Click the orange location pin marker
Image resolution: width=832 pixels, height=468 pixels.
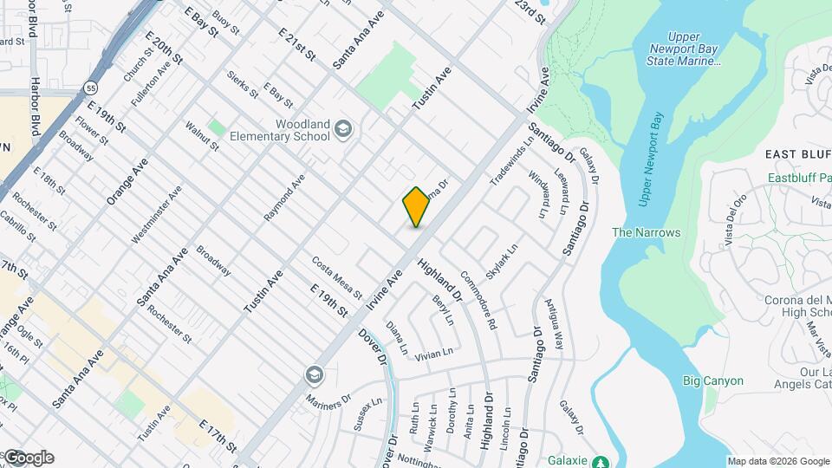pyautogui.click(x=416, y=207)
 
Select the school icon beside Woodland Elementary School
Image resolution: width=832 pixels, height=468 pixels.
pyautogui.click(x=344, y=130)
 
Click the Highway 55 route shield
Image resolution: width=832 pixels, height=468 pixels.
pyautogui.click(x=91, y=88)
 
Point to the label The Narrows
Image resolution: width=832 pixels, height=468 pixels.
pyautogui.click(x=646, y=232)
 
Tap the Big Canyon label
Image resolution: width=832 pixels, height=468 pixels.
pyautogui.click(x=712, y=380)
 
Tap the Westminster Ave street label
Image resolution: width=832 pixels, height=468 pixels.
pyautogui.click(x=156, y=214)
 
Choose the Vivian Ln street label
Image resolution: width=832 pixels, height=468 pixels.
pyautogui.click(x=434, y=353)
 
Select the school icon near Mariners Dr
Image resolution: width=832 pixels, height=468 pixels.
pyautogui.click(x=313, y=374)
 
